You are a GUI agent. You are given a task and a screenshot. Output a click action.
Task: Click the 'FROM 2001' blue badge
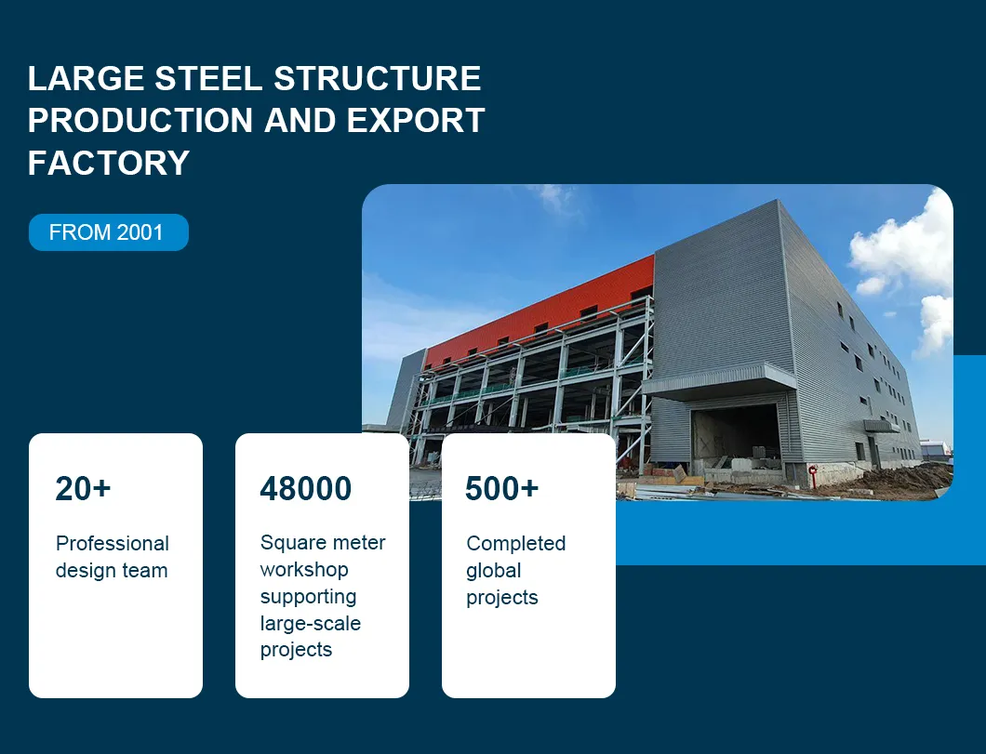[x=108, y=232]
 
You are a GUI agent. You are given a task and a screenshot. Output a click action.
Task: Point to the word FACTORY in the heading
[x=109, y=163]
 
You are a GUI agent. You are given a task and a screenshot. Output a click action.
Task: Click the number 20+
[x=83, y=488]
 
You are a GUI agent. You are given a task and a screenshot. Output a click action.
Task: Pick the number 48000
[x=305, y=488]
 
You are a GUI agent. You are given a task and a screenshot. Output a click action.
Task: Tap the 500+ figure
[x=501, y=488]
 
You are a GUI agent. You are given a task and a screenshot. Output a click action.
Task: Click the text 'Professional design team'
[x=112, y=557]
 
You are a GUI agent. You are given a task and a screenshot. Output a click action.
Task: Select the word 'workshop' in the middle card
[x=304, y=569]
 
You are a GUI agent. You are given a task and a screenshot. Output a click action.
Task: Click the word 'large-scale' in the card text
[x=310, y=623]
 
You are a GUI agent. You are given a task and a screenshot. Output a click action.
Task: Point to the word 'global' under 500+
[x=493, y=570]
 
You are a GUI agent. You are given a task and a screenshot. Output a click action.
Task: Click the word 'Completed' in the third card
[x=515, y=543]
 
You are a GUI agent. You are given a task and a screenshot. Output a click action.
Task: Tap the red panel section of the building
[x=540, y=307]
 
